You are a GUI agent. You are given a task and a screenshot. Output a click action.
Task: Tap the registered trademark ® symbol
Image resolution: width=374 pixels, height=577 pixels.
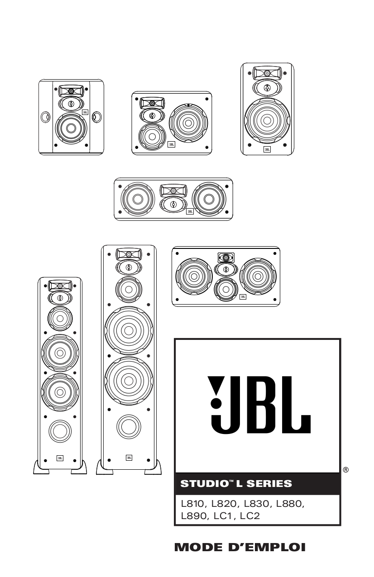tap(346, 470)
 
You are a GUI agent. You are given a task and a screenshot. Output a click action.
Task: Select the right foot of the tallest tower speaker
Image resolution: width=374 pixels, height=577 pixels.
tap(153, 467)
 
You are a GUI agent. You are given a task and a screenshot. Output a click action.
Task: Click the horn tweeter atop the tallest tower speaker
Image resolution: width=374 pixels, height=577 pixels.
tap(129, 254)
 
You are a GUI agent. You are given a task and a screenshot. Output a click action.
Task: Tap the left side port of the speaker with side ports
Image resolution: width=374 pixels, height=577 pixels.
tap(44, 117)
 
